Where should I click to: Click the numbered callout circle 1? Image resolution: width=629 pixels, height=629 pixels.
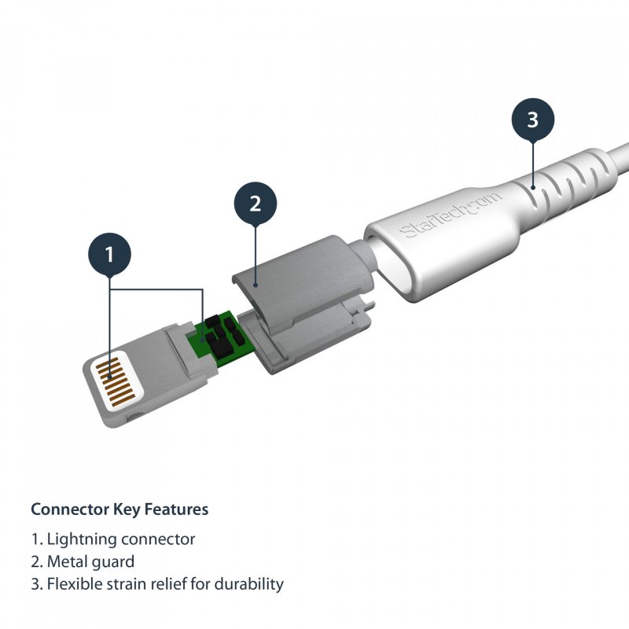pos(109,254)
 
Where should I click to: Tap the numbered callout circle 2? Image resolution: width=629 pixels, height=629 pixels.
pos(255,204)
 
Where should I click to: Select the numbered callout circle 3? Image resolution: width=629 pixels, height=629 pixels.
pos(532,120)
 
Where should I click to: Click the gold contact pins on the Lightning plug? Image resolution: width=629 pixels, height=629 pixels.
pos(112,382)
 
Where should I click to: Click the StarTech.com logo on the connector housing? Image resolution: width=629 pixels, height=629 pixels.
pos(450,214)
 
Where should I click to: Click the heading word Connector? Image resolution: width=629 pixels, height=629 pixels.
pos(67,509)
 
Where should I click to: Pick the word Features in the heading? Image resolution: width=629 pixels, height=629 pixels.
pos(178,509)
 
